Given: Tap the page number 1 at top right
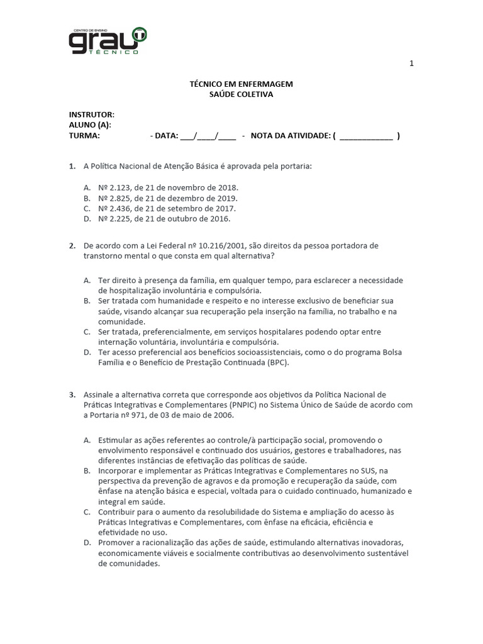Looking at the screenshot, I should coord(411,64).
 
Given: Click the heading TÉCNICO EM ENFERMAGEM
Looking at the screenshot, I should coord(241,84).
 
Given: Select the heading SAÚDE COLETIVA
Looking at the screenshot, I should coord(241,94).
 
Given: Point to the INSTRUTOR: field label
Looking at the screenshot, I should coord(92,114).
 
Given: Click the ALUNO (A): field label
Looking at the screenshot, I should coord(90,125).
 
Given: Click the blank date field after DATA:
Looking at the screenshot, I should coord(208,135).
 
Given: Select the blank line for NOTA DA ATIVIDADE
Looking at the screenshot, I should coord(366,135).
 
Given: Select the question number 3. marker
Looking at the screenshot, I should coord(72,395).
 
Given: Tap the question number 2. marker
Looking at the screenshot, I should coord(72,245).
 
